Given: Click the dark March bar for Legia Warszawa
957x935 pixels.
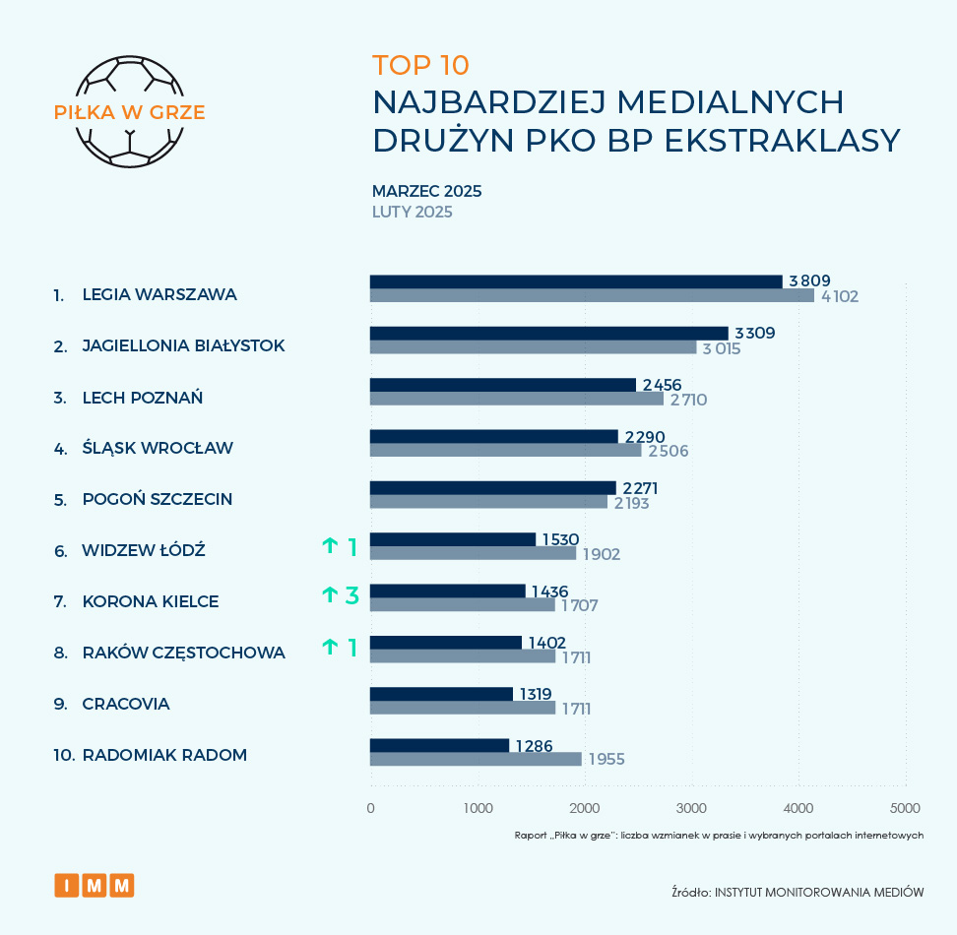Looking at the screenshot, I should [576, 281].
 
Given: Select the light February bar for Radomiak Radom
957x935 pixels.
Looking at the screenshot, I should [476, 759].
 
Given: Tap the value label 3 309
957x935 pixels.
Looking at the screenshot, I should [755, 334].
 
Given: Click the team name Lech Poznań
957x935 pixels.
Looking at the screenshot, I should [143, 398].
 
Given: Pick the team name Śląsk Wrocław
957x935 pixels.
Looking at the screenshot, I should [158, 449].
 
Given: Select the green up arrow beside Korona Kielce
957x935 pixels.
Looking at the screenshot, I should [329, 594].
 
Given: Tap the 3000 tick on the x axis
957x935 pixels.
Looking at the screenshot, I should [691, 808].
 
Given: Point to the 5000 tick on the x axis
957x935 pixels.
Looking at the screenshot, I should [905, 808].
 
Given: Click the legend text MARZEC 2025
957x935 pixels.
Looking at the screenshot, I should [426, 191].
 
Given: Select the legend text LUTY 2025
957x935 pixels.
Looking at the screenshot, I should [412, 212].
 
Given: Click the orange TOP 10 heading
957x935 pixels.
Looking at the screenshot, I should [420, 65].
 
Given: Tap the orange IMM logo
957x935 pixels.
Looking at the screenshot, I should [95, 885].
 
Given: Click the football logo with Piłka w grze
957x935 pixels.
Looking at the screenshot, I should [129, 111].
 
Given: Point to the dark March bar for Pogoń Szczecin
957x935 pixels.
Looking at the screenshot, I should [492, 487].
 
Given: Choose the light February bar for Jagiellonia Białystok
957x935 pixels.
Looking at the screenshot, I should [533, 347].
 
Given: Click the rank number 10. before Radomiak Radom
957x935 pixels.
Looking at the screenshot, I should [65, 756].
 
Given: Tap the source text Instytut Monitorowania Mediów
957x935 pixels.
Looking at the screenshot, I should [797, 893].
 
